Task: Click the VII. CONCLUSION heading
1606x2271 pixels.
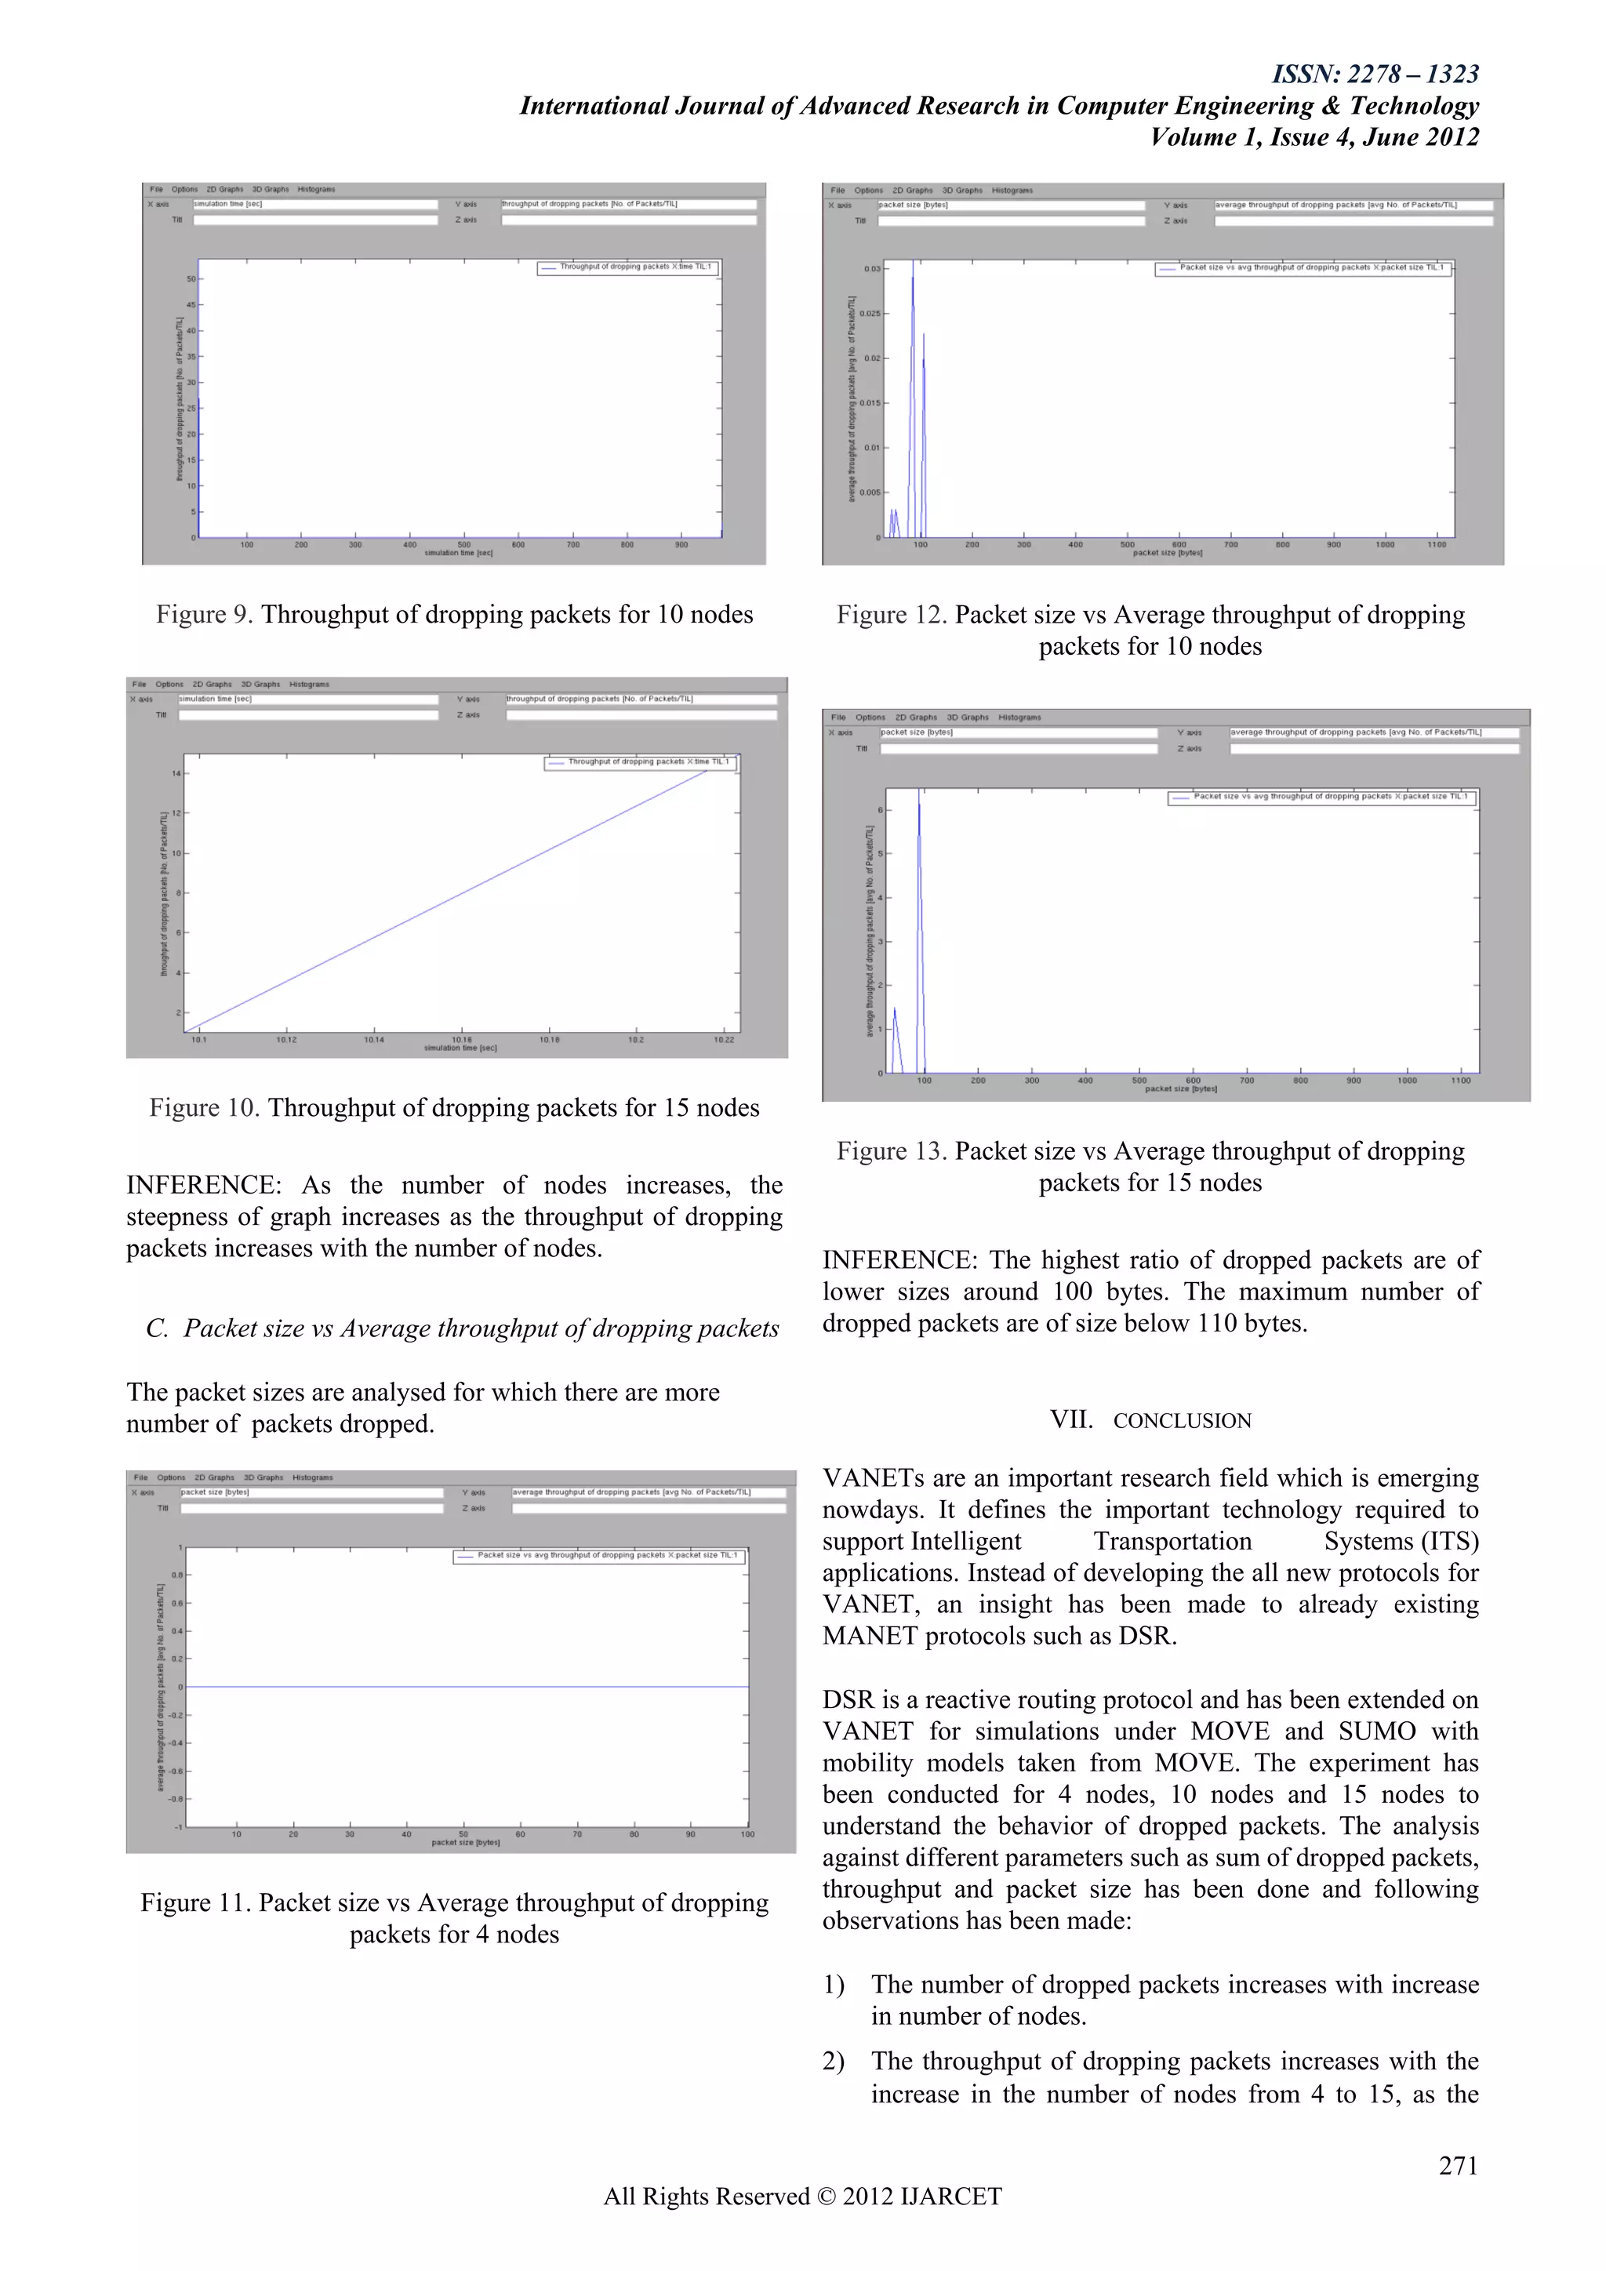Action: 1150,1420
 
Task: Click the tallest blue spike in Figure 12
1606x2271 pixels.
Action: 913,287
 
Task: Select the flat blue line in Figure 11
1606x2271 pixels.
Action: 465,1687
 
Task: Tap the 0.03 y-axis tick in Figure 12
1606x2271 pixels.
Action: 871,268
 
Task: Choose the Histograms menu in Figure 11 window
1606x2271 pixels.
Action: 313,1477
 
